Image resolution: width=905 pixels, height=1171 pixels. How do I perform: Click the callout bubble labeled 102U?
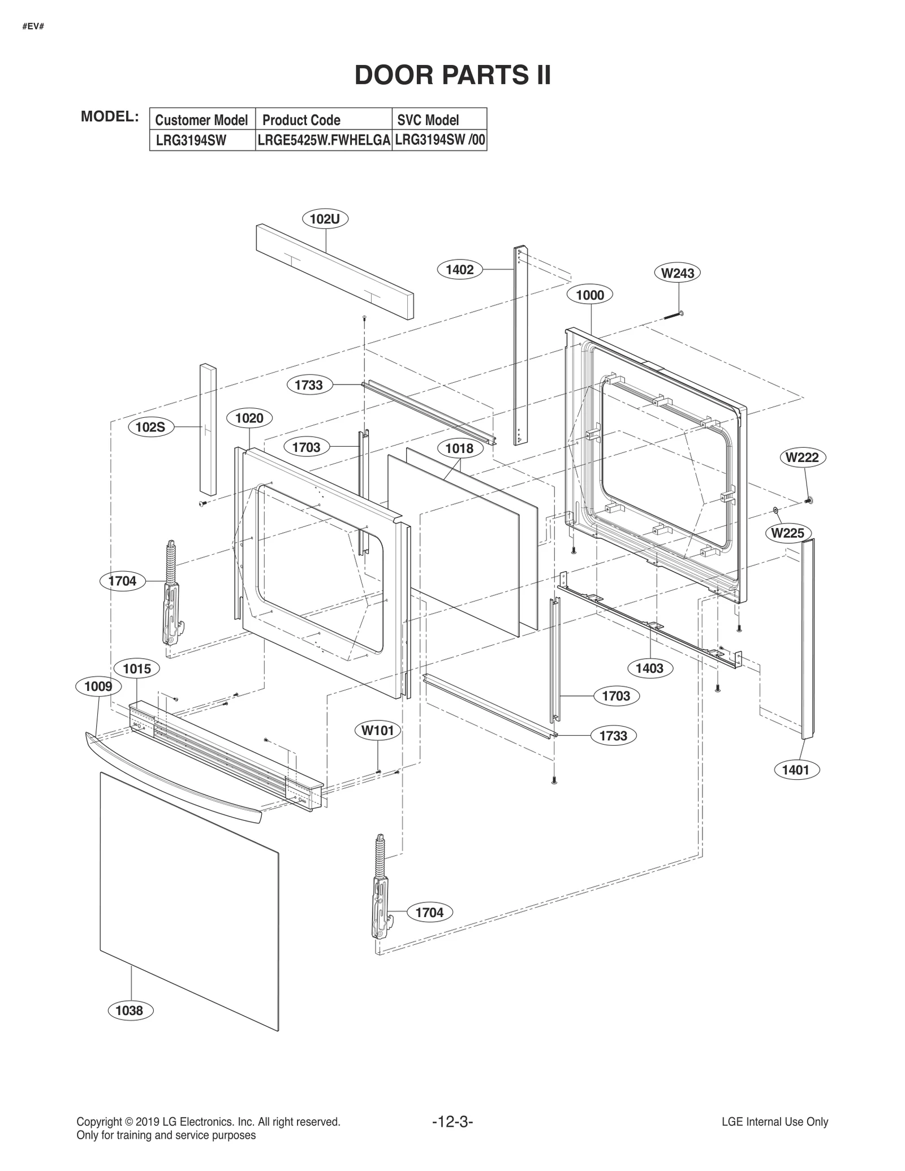[x=325, y=219]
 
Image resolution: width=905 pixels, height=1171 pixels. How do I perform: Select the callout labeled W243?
[x=678, y=273]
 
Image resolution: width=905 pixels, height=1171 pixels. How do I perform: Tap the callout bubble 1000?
[x=590, y=295]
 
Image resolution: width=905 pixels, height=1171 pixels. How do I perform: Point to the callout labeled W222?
[x=802, y=457]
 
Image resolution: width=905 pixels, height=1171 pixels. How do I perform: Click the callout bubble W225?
[x=787, y=533]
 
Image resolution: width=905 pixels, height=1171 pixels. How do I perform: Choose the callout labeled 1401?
[x=795, y=770]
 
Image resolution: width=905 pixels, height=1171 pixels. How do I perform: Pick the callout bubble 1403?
[x=649, y=668]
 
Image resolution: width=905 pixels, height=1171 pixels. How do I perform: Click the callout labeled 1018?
[x=459, y=448]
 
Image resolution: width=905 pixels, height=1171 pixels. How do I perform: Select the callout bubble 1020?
[x=249, y=418]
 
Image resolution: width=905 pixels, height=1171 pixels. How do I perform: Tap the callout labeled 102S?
[x=150, y=427]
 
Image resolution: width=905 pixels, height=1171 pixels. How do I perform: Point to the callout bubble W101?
[x=377, y=731]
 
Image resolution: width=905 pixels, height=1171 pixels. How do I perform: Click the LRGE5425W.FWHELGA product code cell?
[x=324, y=140]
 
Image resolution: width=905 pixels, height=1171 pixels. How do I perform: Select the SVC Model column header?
[x=428, y=120]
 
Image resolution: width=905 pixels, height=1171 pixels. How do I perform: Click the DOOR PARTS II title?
[x=453, y=75]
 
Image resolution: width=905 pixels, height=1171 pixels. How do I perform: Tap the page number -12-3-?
[x=452, y=1121]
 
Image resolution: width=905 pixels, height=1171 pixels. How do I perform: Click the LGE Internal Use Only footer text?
[x=774, y=1122]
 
